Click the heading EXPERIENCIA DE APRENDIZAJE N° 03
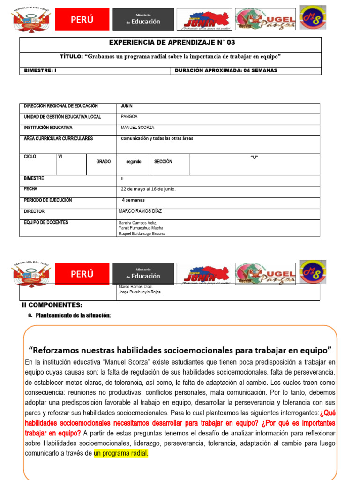[172, 42]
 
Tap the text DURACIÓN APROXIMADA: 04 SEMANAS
[225, 71]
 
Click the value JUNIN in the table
[127, 106]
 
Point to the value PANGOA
[129, 117]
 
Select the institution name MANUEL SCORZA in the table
[137, 127]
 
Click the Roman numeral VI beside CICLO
[60, 157]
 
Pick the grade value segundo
[134, 162]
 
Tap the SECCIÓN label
[163, 162]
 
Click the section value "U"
[255, 157]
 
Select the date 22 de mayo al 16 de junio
[148, 189]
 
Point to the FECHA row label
[30, 189]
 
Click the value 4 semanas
[133, 200]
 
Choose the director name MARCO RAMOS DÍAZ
[140, 211]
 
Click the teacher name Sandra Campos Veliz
[138, 223]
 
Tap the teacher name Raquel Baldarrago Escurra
[142, 233]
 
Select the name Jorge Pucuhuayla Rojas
[140, 292]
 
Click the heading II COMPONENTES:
[52, 305]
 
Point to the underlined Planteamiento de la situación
[73, 315]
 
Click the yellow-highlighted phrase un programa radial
[121, 453]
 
